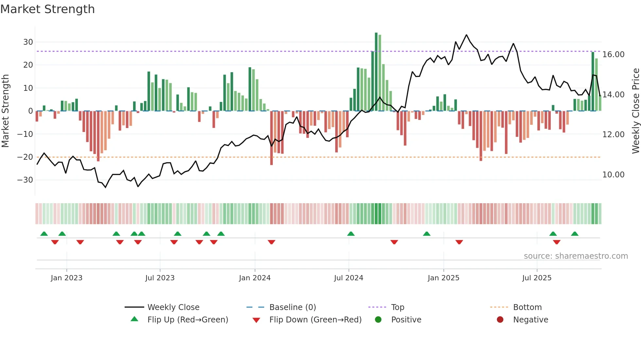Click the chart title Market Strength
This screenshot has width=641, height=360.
47,9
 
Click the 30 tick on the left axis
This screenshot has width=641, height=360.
28,42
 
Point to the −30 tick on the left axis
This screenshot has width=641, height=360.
26,180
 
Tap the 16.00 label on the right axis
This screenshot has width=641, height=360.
614,55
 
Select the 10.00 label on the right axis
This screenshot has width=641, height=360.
614,175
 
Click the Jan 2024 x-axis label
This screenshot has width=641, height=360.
255,278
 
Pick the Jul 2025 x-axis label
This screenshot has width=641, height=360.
537,278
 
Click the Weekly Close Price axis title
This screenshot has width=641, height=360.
635,111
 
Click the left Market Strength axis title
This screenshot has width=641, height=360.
6,111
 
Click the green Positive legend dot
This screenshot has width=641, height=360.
378,320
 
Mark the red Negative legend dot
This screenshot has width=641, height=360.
500,320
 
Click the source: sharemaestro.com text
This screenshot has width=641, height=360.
576,256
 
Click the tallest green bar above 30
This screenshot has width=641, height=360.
376,72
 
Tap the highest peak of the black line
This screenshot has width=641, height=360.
466,35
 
